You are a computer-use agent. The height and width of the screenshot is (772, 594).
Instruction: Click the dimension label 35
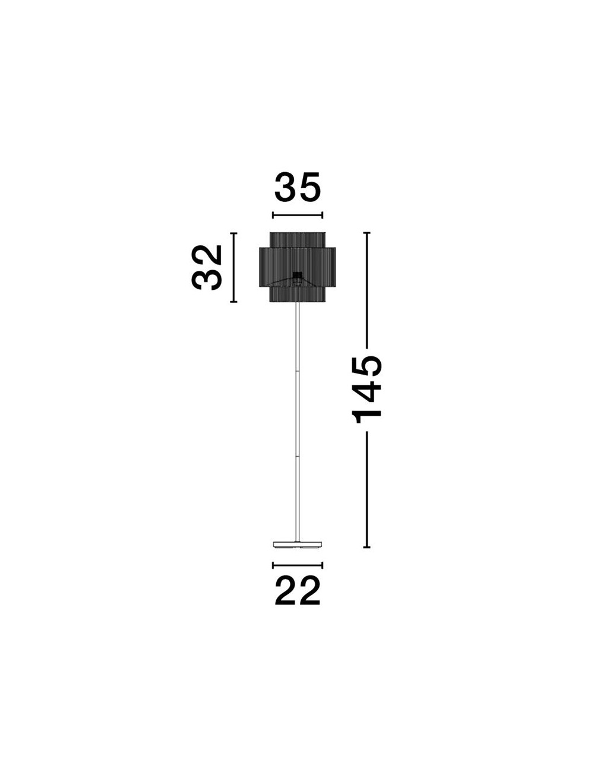click(x=298, y=187)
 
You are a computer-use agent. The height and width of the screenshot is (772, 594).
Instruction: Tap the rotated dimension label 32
click(x=206, y=267)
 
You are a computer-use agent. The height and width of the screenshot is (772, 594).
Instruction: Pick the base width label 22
click(x=298, y=590)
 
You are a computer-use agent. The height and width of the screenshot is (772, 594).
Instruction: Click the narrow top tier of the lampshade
click(x=298, y=240)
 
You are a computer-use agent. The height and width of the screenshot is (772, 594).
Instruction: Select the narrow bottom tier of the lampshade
click(x=298, y=294)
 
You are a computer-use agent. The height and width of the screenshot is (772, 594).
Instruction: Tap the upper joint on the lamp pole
click(x=298, y=371)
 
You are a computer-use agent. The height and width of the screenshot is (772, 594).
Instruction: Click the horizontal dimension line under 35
click(x=298, y=214)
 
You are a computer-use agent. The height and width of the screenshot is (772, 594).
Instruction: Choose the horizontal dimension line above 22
click(x=298, y=565)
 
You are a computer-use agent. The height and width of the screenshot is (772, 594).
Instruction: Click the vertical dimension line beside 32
click(x=233, y=267)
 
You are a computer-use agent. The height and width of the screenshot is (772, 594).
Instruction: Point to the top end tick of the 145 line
click(x=366, y=233)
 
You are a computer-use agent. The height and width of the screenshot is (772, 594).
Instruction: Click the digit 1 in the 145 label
click(x=366, y=416)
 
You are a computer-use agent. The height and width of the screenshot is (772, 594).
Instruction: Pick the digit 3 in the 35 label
click(x=285, y=187)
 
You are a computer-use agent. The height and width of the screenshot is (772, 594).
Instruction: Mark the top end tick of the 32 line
click(x=233, y=233)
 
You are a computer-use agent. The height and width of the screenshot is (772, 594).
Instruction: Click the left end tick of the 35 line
click(x=273, y=214)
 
